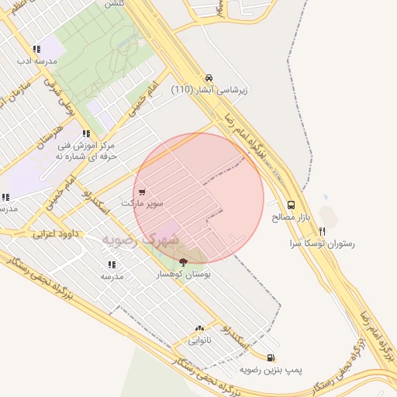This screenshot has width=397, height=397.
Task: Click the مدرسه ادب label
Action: pyautogui.click(x=36, y=60)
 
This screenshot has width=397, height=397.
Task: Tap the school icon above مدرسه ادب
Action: pyautogui.click(x=36, y=48)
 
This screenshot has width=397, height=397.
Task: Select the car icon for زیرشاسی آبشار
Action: pyautogui.click(x=209, y=78)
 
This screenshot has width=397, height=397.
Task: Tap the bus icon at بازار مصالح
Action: pyautogui.click(x=291, y=205)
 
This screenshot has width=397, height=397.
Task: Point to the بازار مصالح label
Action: pyautogui.click(x=291, y=217)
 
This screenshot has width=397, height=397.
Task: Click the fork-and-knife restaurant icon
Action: pyautogui.click(x=322, y=231)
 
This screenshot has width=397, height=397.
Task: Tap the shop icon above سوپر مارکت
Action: pyautogui.click(x=141, y=192)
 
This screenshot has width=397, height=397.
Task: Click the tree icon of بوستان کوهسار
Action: pyautogui.click(x=183, y=261)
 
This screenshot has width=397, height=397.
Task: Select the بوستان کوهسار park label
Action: pyautogui.click(x=184, y=274)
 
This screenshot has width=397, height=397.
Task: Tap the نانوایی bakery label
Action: pyautogui.click(x=199, y=340)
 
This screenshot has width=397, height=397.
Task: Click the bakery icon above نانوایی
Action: pyautogui.click(x=199, y=329)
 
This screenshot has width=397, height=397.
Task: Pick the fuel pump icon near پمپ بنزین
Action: pyautogui.click(x=270, y=357)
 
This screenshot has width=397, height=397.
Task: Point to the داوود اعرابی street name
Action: pyautogui.click(x=56, y=233)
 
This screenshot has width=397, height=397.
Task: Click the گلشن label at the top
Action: pyautogui.click(x=113, y=4)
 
